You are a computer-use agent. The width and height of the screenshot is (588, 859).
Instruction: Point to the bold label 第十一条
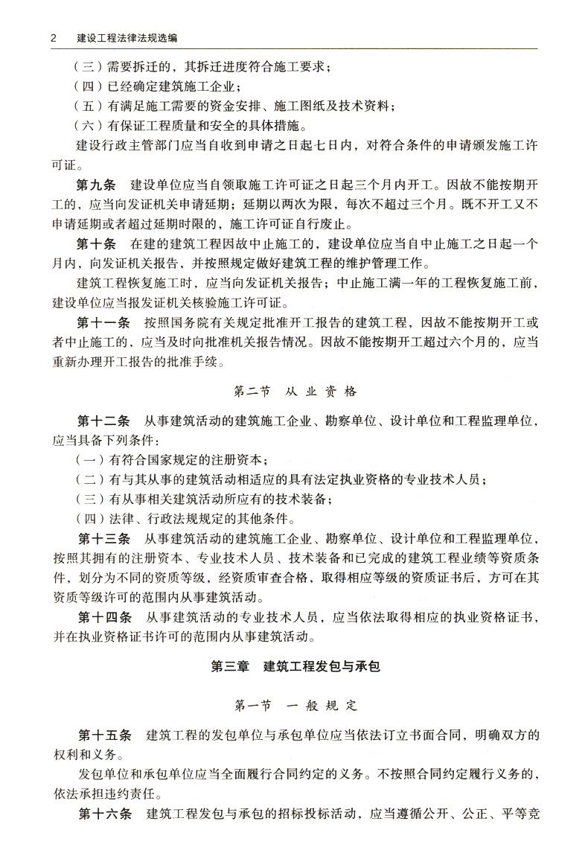(104, 323)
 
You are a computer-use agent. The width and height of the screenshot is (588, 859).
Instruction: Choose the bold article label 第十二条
(104, 421)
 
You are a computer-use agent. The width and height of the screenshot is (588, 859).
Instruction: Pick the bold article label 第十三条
(104, 538)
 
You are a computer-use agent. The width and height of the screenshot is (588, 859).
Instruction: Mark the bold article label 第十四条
(104, 617)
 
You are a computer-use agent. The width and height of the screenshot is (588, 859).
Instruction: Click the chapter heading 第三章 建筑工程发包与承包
(295, 666)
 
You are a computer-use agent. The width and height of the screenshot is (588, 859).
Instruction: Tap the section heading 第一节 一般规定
(295, 704)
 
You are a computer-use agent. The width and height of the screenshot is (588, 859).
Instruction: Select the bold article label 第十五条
(104, 735)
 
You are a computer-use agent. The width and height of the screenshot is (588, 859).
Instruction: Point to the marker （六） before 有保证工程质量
(91, 125)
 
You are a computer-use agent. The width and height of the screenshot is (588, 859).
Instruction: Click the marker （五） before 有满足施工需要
(91, 106)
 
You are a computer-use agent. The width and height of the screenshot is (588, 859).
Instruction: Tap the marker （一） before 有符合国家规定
(91, 459)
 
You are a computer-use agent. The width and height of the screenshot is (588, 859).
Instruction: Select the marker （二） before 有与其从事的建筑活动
(91, 479)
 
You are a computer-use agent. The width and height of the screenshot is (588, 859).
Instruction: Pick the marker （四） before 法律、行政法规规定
(91, 519)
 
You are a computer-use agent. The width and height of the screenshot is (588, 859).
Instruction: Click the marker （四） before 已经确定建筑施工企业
(91, 86)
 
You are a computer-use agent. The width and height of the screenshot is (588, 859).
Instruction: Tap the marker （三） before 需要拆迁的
(91, 66)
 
